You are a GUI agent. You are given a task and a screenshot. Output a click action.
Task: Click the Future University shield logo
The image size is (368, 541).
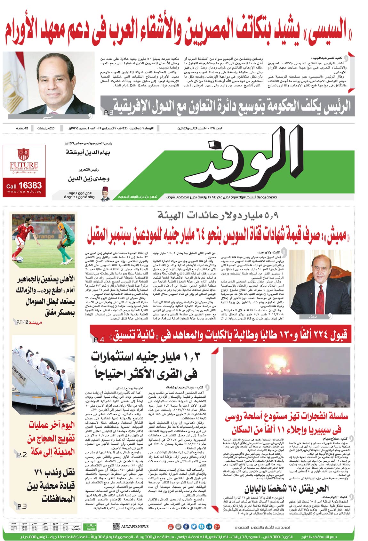tap(23, 154)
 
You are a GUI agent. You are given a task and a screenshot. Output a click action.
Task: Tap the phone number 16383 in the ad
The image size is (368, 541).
tap(30, 185)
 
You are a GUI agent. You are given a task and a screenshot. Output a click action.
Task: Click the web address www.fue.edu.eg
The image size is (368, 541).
tap(24, 192)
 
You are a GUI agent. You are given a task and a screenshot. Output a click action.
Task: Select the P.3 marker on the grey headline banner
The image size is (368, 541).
tap(108, 113)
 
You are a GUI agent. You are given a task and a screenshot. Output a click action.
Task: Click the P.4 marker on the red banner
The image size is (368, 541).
tap(99, 339)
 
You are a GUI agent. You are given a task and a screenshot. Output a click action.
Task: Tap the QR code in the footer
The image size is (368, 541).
tap(116, 526)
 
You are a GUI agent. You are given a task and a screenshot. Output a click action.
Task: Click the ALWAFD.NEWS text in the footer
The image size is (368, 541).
tap(135, 526)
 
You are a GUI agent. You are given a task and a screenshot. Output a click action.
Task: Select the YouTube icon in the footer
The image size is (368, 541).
tap(170, 526)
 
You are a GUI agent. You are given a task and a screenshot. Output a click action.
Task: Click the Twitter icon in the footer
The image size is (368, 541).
tap(194, 526)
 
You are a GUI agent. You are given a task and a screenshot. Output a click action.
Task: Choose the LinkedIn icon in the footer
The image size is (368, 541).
tap(209, 526)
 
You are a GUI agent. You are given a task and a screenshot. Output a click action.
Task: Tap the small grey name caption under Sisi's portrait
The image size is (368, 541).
tap(48, 117)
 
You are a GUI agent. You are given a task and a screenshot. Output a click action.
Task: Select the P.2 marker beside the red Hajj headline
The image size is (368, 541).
tap(22, 455)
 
